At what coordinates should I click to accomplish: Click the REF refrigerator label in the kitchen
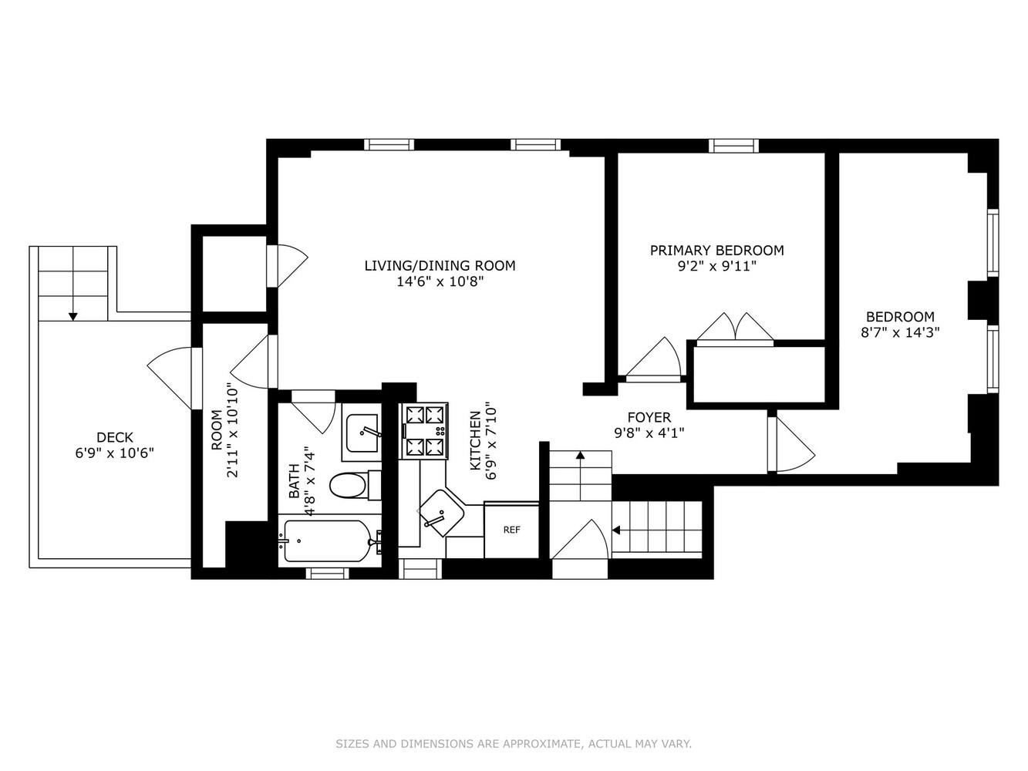(x=511, y=530)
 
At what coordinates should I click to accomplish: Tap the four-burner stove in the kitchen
(x=424, y=431)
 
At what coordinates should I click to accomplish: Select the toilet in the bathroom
(x=349, y=487)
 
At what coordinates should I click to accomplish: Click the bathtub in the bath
(x=325, y=541)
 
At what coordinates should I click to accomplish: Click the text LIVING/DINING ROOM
(x=440, y=266)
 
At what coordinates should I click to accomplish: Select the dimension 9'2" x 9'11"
(x=716, y=266)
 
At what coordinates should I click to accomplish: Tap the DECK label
(x=110, y=437)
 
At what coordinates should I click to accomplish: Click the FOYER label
(x=649, y=417)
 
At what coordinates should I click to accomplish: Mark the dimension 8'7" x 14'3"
(x=900, y=332)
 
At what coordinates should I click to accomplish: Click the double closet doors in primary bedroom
(x=735, y=327)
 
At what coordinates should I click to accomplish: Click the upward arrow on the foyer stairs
(x=580, y=456)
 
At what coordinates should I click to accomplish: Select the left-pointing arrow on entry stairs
(x=617, y=530)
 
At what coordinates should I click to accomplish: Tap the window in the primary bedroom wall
(x=733, y=145)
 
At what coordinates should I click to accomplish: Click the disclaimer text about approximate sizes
(x=514, y=744)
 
